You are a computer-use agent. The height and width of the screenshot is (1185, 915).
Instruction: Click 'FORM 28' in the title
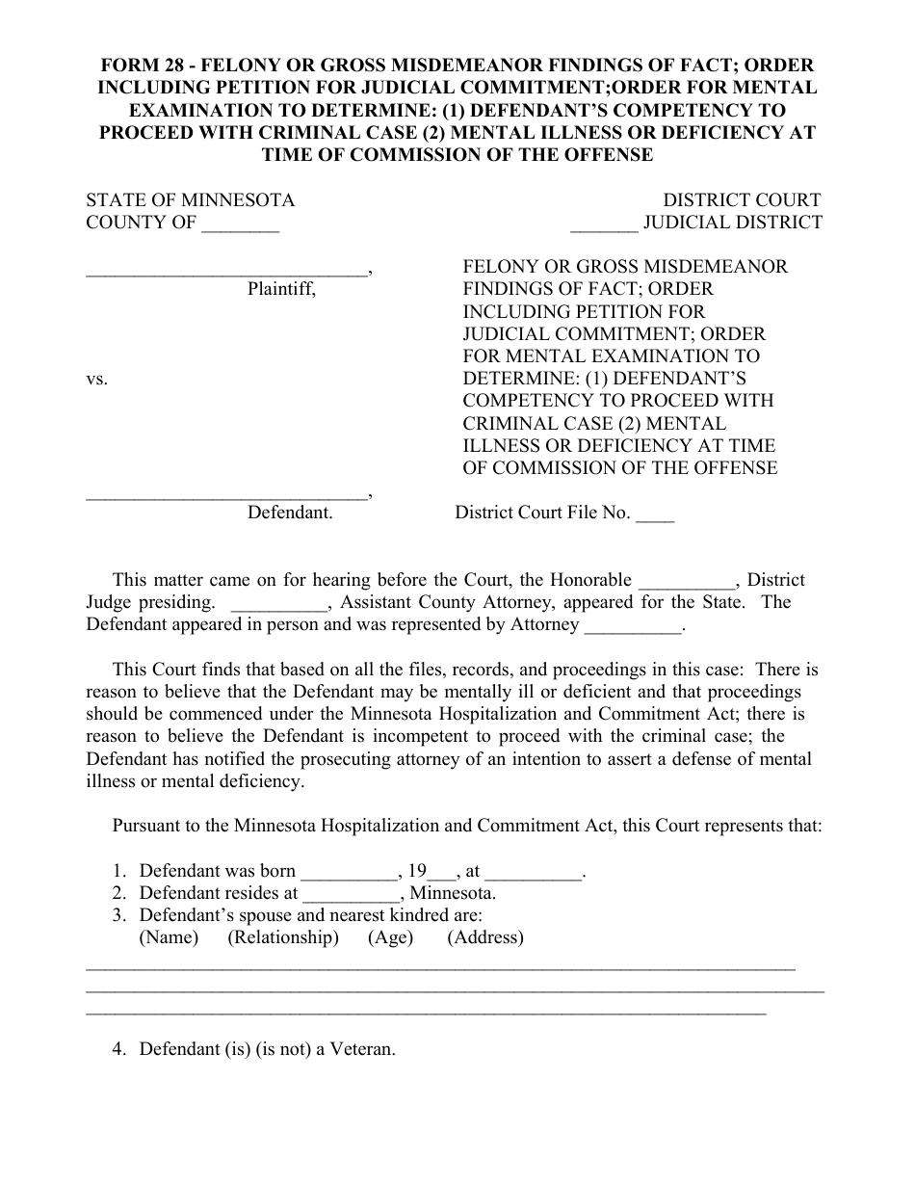click(x=144, y=66)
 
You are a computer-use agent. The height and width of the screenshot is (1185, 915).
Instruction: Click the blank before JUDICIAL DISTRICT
click(x=604, y=224)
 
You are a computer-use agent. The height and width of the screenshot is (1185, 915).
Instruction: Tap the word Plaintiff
click(x=281, y=288)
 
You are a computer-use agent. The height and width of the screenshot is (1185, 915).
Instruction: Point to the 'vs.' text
click(x=97, y=379)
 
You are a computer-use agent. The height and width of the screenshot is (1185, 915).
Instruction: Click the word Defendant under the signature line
click(x=290, y=513)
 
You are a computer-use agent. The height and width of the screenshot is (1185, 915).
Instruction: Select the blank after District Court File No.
click(x=655, y=513)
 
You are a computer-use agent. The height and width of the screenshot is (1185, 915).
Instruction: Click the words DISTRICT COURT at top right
click(x=742, y=200)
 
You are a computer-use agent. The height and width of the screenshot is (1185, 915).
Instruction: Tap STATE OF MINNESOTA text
click(x=191, y=200)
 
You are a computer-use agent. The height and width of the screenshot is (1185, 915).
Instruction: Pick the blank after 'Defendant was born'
click(x=349, y=872)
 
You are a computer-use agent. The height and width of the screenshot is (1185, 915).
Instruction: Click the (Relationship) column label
click(x=283, y=937)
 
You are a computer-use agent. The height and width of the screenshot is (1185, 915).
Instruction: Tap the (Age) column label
click(x=390, y=937)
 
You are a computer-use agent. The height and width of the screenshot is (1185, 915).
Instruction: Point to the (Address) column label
click(x=485, y=937)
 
